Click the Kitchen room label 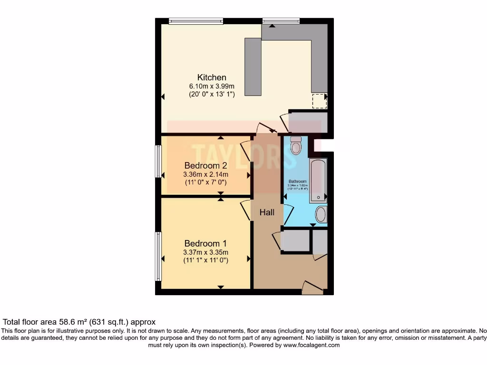click(212, 77)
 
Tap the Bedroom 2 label click(205, 166)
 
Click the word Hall click(267, 212)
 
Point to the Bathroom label click(297, 182)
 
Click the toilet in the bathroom click(296, 145)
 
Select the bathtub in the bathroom click(318, 181)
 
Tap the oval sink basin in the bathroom click(321, 214)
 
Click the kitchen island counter click(253, 67)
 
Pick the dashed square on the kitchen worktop click(319, 101)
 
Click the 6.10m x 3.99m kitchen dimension click(212, 86)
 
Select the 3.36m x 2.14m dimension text click(205, 174)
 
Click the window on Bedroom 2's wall click(158, 162)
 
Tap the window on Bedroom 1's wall click(158, 256)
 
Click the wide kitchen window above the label click(196, 20)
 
